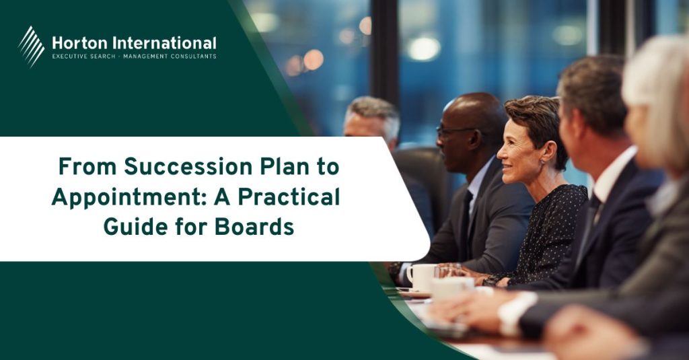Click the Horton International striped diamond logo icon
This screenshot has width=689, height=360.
[x=31, y=46]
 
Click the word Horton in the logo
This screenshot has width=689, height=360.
[x=79, y=43]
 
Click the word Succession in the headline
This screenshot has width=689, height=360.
[x=188, y=167]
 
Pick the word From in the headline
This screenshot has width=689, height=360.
[x=87, y=167]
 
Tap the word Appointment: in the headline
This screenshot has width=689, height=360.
[x=129, y=197]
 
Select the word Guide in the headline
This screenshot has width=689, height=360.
[x=135, y=227]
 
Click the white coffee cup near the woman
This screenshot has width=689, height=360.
[x=422, y=277]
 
